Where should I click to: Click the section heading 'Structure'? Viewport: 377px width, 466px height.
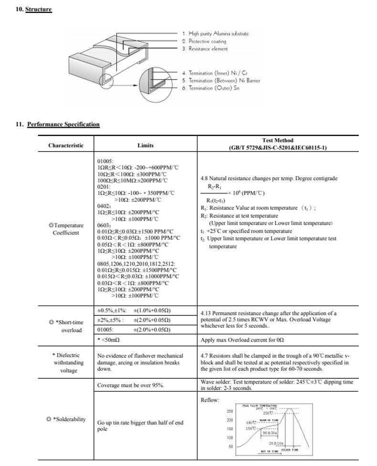click(x=38, y=10)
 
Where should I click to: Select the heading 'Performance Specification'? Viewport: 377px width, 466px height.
click(x=63, y=124)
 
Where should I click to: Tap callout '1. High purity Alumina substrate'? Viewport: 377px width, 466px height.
click(x=215, y=33)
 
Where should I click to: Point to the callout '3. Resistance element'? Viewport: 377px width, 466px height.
click(x=205, y=49)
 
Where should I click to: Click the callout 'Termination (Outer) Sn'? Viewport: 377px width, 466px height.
click(x=210, y=88)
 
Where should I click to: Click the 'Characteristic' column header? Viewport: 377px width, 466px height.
click(x=65, y=145)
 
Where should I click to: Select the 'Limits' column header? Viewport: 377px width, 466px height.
click(x=145, y=145)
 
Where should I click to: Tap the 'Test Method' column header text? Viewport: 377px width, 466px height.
click(x=278, y=144)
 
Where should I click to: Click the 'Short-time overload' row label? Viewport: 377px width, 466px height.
click(x=67, y=326)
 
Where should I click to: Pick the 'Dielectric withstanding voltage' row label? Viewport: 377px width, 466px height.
click(x=66, y=363)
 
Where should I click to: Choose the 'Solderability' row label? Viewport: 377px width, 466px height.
click(x=66, y=419)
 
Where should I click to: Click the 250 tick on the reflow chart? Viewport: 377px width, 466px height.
click(x=230, y=411)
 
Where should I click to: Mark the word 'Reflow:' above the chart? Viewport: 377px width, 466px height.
click(x=210, y=400)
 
